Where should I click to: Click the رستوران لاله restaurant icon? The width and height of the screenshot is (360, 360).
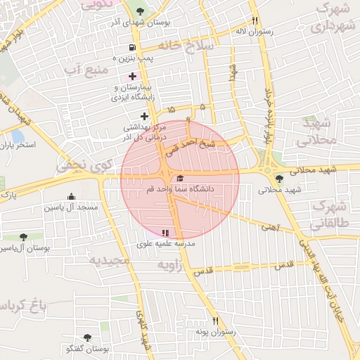coord(255,21)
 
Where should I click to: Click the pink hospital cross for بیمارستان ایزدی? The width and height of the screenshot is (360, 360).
coord(131,76)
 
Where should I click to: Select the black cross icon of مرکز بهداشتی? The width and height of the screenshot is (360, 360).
coord(144,116)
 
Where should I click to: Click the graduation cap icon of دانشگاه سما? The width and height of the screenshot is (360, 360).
coord(180,179)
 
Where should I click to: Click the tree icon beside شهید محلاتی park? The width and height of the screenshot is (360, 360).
coord(280,179)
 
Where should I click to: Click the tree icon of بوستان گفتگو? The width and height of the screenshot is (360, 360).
coord(87,338)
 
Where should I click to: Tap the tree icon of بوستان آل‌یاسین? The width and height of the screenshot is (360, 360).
coord(23,238)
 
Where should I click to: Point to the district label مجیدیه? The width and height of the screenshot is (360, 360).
coord(109,261)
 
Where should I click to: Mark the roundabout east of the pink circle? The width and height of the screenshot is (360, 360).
coord(267,170)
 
